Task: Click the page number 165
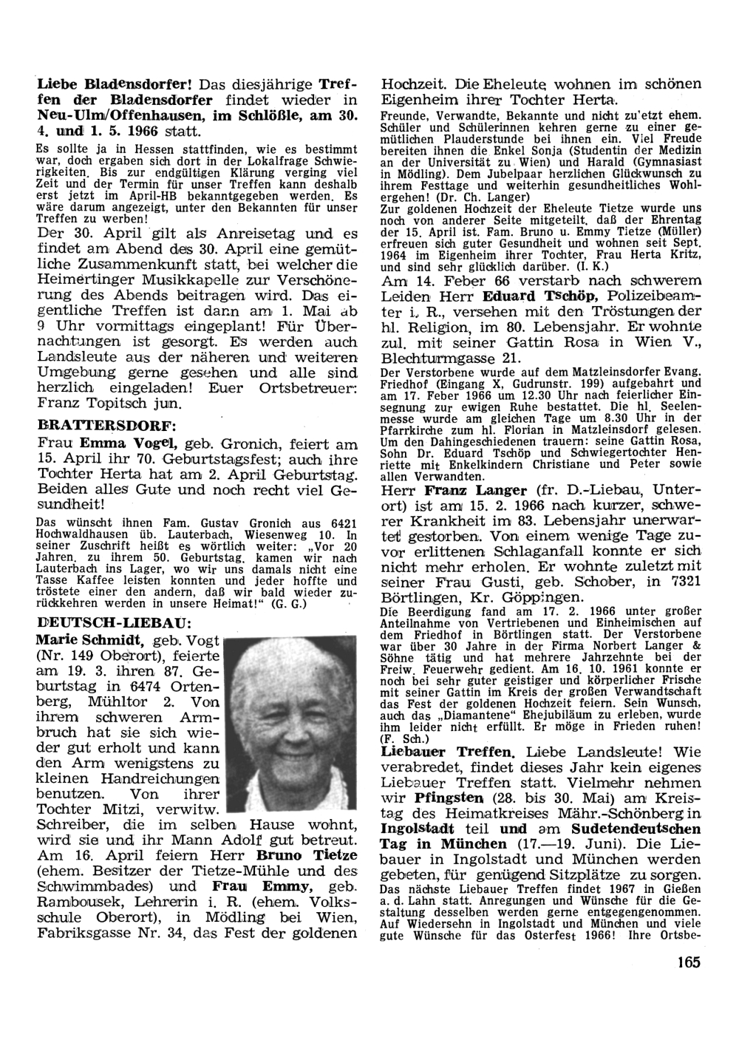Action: (x=687, y=962)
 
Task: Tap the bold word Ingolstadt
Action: (x=417, y=829)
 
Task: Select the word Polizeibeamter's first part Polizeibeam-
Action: (x=655, y=298)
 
